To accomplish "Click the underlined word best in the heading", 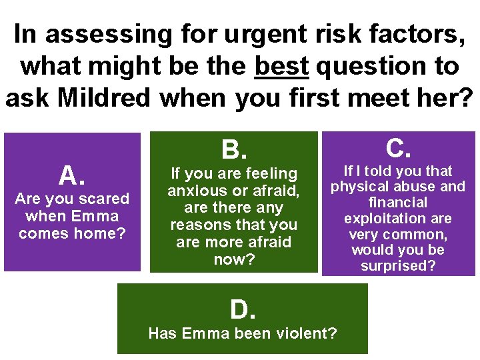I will (282, 66).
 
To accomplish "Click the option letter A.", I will (72, 175).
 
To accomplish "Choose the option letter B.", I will (233, 149).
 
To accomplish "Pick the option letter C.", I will (398, 147).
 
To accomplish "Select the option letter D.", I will (243, 309).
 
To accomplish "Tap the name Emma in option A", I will (97, 216).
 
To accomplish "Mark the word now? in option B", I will (234, 259).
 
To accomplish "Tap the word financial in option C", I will (398, 203).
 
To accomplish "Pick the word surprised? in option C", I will (398, 266).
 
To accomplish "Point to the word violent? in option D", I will (303, 333).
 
